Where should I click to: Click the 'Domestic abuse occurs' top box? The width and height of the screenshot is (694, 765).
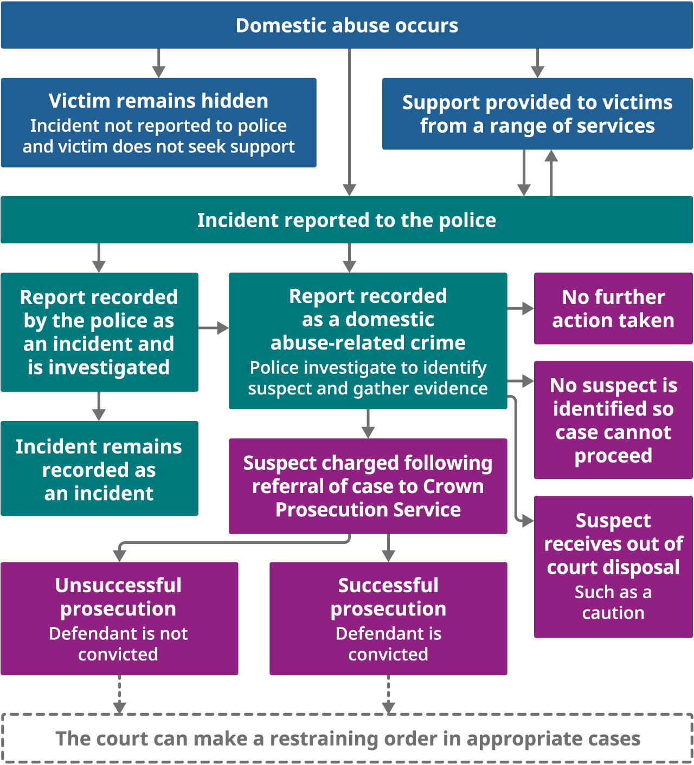click(x=347, y=25)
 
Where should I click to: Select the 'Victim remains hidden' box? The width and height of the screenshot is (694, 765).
click(x=158, y=122)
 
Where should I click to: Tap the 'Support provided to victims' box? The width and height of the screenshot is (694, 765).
click(x=537, y=114)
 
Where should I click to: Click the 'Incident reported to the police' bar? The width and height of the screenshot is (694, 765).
click(x=347, y=220)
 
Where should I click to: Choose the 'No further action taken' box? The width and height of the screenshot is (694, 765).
click(x=613, y=308)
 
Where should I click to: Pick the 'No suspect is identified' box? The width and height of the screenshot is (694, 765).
click(x=613, y=420)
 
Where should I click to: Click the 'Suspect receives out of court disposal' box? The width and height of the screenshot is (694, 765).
click(x=613, y=566)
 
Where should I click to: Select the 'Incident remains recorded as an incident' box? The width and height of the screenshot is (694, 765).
click(x=99, y=469)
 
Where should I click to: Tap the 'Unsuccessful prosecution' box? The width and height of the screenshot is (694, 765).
click(x=119, y=618)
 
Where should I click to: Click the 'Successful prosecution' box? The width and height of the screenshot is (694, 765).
click(x=388, y=618)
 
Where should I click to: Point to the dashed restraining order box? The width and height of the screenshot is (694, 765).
click(x=347, y=738)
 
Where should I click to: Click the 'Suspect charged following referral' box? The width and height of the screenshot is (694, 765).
click(x=368, y=486)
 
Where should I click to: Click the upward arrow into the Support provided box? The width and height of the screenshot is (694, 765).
click(x=551, y=172)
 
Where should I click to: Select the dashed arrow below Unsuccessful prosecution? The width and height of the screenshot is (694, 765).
click(x=119, y=695)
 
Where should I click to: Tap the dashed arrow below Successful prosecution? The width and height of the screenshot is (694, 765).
click(x=388, y=695)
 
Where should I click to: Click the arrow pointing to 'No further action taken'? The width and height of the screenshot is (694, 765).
click(x=520, y=308)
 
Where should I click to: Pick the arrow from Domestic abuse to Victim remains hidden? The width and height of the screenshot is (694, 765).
click(x=158, y=63)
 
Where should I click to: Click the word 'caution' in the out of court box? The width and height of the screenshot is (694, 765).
click(x=613, y=613)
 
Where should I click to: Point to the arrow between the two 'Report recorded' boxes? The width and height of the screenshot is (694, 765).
click(x=214, y=328)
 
